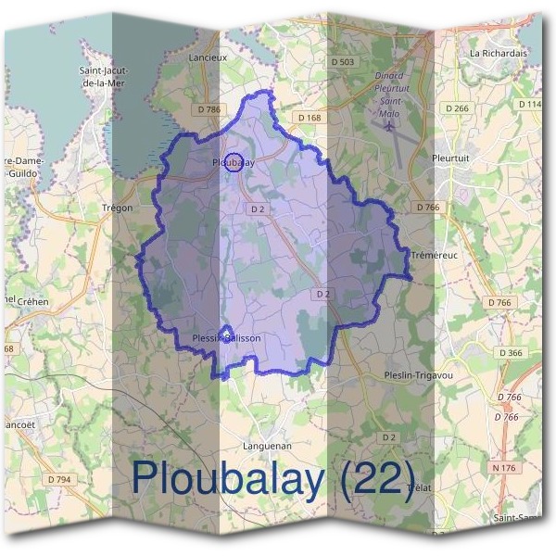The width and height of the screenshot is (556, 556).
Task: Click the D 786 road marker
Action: click(x=209, y=109)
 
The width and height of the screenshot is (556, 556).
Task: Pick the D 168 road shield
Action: click(x=309, y=118)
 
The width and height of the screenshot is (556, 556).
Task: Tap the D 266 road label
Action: click(x=457, y=108)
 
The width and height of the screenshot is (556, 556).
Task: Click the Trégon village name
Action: click(x=118, y=208)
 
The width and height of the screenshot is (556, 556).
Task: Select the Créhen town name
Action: click(x=32, y=302)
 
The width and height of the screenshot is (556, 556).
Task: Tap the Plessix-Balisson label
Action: click(x=225, y=338)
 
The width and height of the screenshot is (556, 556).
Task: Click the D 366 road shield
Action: click(x=511, y=353)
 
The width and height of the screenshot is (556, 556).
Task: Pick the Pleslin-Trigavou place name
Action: click(x=418, y=375)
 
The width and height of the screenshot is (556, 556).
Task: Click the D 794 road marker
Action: click(x=57, y=479)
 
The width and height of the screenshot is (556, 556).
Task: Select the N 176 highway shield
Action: click(x=504, y=468)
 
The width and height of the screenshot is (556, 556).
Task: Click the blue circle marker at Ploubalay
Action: click(x=234, y=161)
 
